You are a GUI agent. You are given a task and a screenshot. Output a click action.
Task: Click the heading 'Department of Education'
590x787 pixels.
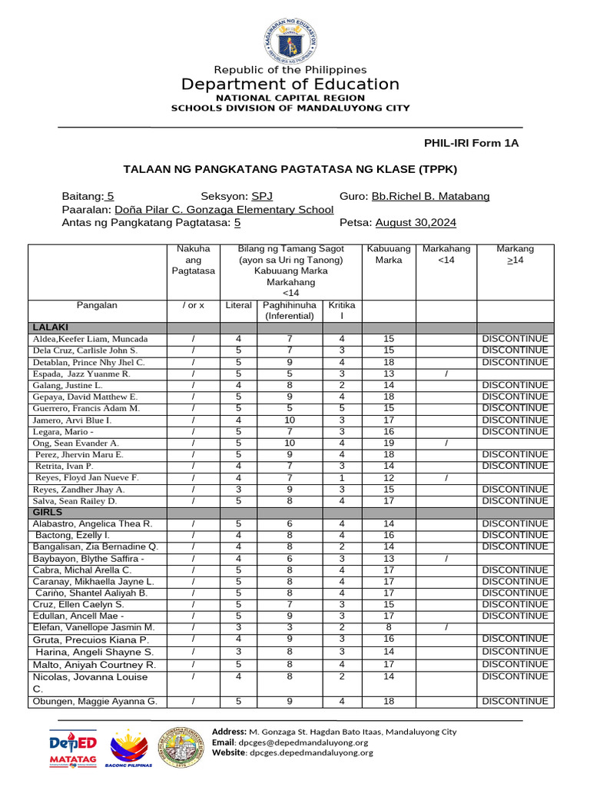point(290,85)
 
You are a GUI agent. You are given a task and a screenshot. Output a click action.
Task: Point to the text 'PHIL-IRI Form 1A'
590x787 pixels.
point(472,143)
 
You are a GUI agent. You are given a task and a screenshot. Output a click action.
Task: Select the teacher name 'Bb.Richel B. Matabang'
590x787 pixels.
point(430,197)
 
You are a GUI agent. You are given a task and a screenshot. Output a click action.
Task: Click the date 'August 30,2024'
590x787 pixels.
point(416,223)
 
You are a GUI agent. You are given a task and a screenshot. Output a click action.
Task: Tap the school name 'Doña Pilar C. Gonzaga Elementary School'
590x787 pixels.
point(224,210)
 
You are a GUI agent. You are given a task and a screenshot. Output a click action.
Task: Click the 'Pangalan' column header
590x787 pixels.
point(97,305)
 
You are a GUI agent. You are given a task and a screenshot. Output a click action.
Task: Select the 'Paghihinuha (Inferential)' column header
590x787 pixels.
point(290,310)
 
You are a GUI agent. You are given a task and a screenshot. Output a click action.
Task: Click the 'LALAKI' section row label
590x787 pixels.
point(51,327)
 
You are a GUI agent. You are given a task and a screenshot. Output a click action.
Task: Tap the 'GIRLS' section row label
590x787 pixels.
point(48,512)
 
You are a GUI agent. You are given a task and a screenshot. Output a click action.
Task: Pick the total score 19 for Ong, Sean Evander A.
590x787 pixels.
point(389,443)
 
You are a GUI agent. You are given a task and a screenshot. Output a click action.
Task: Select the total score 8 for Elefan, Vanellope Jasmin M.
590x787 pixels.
point(389,627)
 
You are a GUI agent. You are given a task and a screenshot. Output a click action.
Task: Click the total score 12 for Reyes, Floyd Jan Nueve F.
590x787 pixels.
point(389,477)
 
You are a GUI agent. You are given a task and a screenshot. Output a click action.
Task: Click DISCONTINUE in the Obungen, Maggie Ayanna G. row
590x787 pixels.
point(515,702)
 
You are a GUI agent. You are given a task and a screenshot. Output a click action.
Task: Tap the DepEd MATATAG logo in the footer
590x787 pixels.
point(73,748)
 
